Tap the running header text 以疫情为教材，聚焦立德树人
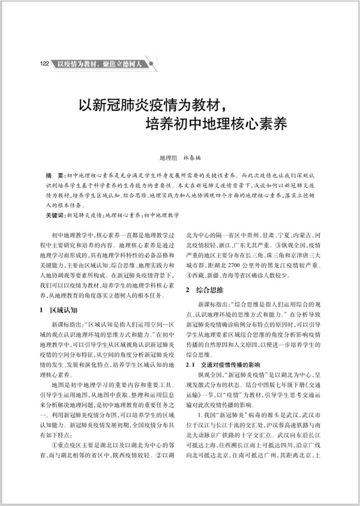[x=100, y=63]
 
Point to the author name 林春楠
[x=191, y=158]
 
